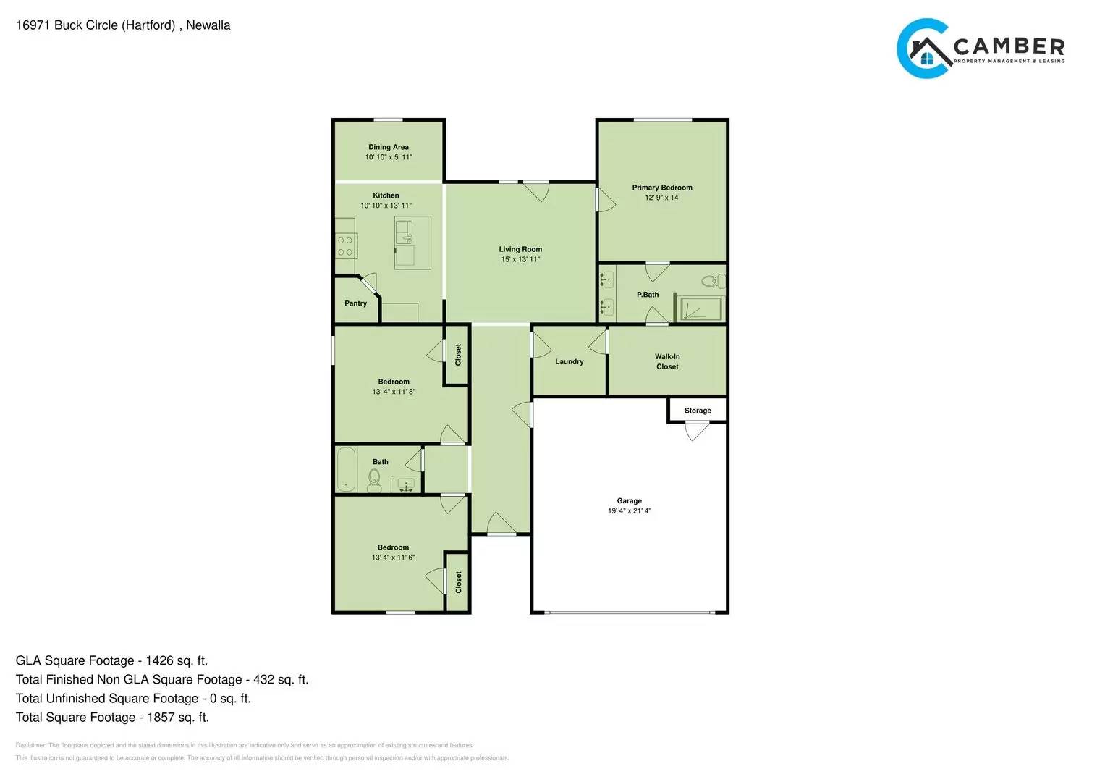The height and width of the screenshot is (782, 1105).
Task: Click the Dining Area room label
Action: (389, 147)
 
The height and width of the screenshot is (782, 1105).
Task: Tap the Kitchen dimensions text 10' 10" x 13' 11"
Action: (386, 206)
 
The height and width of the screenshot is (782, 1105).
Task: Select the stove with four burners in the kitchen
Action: (346, 246)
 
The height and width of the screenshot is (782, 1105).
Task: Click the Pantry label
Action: (355, 303)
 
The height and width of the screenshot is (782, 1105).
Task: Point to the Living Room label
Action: (520, 249)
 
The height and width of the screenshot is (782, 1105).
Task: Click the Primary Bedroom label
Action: (662, 188)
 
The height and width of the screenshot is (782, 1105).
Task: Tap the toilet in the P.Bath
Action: (712, 281)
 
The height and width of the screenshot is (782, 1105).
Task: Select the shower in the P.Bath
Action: (699, 308)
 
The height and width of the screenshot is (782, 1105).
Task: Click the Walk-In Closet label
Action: (667, 361)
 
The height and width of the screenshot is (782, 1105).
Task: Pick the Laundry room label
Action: (570, 361)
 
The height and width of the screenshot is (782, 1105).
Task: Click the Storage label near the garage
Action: (698, 411)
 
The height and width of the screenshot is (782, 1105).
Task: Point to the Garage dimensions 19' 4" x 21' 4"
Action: (629, 511)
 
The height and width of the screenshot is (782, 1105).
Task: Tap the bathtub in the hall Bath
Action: (347, 469)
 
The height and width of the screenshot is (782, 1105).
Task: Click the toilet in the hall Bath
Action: (374, 479)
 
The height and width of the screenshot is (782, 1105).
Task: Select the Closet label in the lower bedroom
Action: (458, 582)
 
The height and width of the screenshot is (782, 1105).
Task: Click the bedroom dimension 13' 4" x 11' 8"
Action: (394, 392)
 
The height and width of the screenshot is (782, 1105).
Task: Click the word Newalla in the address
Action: (208, 25)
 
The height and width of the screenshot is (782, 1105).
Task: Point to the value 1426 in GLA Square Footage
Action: (159, 660)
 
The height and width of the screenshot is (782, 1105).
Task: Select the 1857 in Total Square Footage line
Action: (161, 718)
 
